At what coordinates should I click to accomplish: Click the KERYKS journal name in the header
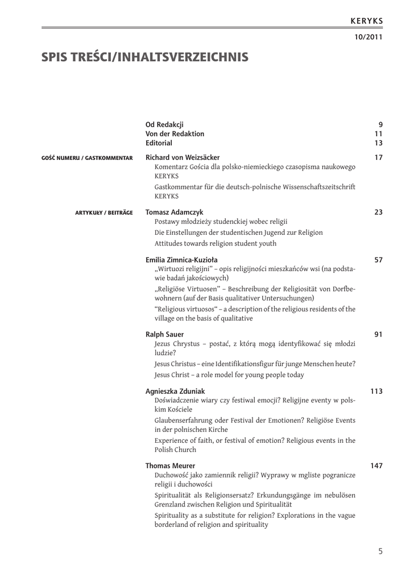pos(366,21)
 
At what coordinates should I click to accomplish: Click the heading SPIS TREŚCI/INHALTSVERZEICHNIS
pos(144,57)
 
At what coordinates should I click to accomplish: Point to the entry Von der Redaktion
pos(175,134)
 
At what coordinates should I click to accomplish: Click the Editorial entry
pos(159,143)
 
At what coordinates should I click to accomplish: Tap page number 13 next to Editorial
pos(379,143)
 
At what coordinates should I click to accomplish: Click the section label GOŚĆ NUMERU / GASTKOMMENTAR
pos(87,158)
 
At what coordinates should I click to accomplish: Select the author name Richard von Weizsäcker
pos(183,157)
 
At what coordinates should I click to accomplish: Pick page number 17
pos(379,157)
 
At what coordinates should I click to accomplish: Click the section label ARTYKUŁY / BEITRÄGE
pos(104,213)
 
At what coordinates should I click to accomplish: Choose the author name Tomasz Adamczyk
pos(174,212)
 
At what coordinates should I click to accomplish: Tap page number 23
pos(379,212)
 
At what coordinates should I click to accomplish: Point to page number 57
pos(379,260)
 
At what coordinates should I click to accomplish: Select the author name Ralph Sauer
pos(165,334)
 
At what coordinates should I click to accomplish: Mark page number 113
pos(376,391)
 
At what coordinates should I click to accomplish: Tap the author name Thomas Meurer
pos(170,465)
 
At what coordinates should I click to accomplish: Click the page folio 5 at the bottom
pos(380,551)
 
